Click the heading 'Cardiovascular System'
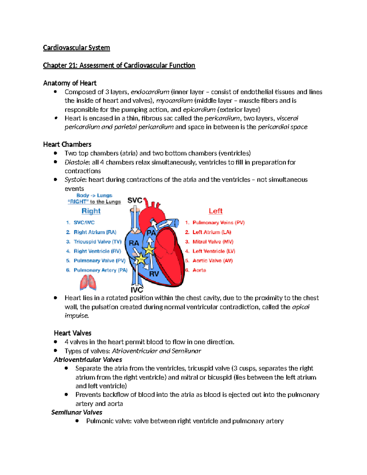[76, 48]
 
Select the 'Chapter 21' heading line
[119, 65]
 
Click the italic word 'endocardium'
[150, 92]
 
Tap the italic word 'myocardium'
[174, 101]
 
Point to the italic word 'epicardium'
[199, 109]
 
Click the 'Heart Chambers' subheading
[67, 144]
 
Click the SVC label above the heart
[135, 200]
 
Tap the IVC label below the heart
[137, 290]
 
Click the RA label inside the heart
[134, 243]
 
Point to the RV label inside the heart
[154, 274]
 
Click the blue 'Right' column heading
[91, 211]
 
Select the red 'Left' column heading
[216, 211]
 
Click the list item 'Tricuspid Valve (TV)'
[97, 242]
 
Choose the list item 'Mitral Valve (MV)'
[213, 242]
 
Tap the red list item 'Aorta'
[199, 270]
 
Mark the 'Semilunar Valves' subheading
[77, 412]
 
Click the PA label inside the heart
[151, 233]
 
